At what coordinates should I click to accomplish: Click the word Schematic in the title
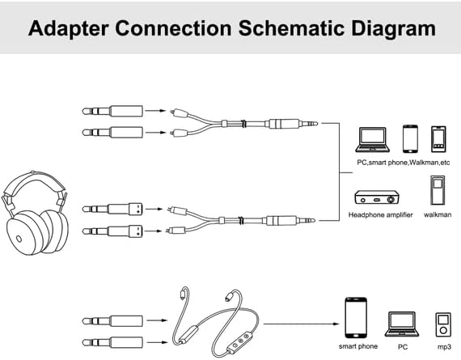291,28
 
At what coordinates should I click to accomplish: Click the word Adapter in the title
69,29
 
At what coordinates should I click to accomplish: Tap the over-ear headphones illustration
36,213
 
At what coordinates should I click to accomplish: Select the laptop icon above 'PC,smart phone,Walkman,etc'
373,139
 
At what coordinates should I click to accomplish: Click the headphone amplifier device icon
377,197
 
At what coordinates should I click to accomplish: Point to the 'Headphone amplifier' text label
380,214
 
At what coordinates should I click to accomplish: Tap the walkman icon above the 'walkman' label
438,190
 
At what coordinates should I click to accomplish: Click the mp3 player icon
443,324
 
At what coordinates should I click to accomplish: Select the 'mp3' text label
444,347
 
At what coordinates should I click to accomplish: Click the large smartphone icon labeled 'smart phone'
356,318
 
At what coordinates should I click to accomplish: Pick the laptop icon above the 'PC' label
402,324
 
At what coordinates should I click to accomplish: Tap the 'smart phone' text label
358,346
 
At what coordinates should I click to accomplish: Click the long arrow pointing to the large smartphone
302,324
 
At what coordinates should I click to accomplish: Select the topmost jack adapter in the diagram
112,112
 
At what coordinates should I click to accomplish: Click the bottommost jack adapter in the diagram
112,342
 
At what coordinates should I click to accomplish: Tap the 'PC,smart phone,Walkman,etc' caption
404,163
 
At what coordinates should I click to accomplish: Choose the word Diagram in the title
393,29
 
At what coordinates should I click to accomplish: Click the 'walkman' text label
438,214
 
